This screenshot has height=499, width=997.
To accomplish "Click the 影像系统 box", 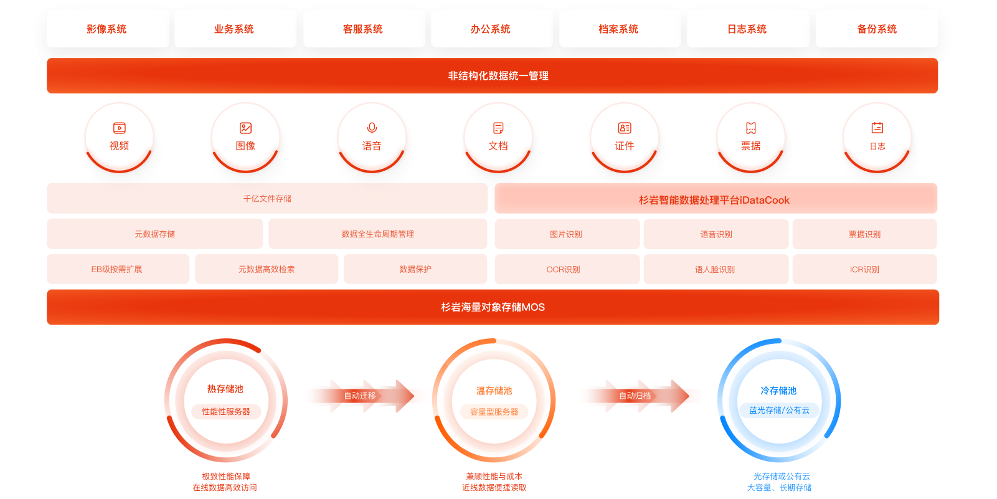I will click(107, 29).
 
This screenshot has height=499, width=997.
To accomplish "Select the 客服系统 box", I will click(364, 29).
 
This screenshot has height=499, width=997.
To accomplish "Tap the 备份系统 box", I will click(876, 29).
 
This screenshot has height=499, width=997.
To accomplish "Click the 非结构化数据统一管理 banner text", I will click(498, 76).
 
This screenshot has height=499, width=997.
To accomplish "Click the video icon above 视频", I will click(119, 128).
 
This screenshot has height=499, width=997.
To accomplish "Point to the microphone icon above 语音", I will click(372, 128).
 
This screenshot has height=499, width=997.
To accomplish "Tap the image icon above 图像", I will click(245, 128).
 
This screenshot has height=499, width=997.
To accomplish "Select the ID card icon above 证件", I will click(624, 128).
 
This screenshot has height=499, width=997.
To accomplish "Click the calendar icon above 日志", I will click(877, 128).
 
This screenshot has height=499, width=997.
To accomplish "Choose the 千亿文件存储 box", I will click(267, 199).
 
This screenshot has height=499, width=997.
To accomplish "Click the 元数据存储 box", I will click(154, 234).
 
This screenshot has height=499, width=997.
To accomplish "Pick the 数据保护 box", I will click(415, 269).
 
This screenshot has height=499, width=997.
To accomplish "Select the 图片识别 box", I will click(566, 234).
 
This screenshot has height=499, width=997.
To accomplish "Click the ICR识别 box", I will click(864, 270).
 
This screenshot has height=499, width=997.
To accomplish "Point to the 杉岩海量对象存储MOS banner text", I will click(493, 307).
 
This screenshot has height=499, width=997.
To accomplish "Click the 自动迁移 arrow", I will click(360, 396).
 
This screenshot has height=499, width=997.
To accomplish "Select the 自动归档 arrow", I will click(635, 396).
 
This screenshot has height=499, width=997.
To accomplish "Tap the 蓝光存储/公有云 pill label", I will click(779, 410).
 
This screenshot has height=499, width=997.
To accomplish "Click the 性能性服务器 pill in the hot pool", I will click(226, 411).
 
